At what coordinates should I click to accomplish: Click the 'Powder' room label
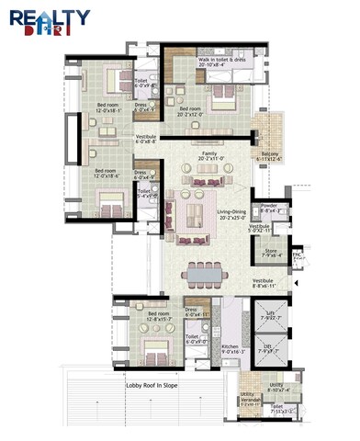pos(269,207)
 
